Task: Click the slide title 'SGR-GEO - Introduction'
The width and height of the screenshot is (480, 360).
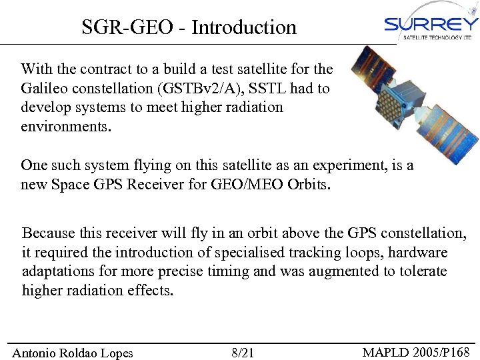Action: pos(189,27)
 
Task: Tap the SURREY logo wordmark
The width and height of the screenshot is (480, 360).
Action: pos(431,24)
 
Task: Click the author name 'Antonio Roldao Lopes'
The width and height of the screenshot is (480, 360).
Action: pos(73,353)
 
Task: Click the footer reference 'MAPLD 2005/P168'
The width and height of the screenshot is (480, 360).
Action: pos(416,352)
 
